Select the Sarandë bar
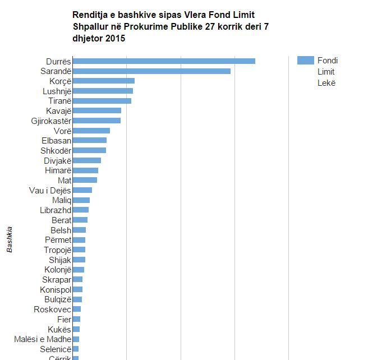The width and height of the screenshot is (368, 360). [151, 71]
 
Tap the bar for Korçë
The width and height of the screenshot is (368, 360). [104, 81]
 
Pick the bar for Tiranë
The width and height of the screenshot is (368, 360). [102, 101]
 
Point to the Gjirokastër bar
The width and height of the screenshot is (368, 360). [96, 121]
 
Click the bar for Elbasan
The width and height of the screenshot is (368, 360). [90, 140]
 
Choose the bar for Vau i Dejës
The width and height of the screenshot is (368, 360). [82, 190]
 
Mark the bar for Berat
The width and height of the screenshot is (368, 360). [80, 220]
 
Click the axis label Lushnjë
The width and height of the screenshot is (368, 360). [57, 91]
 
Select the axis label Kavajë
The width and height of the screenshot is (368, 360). [58, 111]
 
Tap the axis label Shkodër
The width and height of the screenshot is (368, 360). [56, 150]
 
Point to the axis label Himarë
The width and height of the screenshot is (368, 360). [57, 170]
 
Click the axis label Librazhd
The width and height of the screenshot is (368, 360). [56, 210]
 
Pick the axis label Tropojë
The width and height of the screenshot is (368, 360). [57, 250]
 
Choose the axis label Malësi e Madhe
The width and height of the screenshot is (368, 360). [43, 339]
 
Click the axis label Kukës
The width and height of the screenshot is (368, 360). [59, 329]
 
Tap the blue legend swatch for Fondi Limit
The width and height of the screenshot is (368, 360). [305, 61]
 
